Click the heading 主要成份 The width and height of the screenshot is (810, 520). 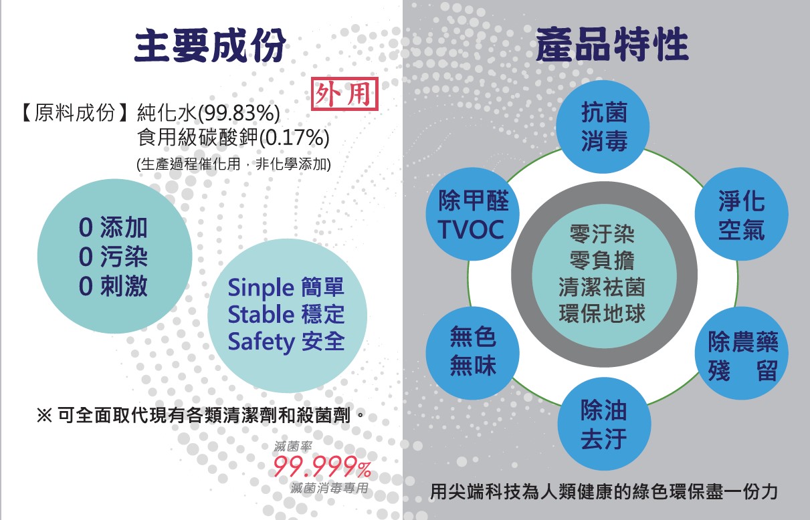click(210, 45)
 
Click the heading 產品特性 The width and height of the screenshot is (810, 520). click(612, 44)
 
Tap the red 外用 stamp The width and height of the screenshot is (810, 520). click(344, 94)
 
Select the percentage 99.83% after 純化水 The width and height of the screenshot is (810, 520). click(238, 112)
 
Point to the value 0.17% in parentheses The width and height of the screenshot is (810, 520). click(294, 138)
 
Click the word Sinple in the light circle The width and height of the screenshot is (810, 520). click(261, 287)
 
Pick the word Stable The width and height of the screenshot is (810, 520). click(261, 314)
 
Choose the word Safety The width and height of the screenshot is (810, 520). click(262, 342)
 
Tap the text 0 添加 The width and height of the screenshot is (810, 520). click(113, 228)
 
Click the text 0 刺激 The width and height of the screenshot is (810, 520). click(113, 286)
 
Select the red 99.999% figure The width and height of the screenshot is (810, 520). click(322, 467)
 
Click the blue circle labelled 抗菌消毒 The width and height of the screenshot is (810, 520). click(603, 127)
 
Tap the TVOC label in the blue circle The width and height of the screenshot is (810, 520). click(471, 229)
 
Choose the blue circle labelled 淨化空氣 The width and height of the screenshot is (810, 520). click(742, 214)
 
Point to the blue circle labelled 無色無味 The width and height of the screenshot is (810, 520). click(473, 353)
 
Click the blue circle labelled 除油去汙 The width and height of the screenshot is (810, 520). click(604, 424)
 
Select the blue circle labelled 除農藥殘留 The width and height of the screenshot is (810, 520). click(742, 353)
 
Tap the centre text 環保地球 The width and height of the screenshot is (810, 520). click(602, 313)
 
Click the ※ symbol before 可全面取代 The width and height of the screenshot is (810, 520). click(44, 415)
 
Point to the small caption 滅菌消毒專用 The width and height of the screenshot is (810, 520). click(329, 489)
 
